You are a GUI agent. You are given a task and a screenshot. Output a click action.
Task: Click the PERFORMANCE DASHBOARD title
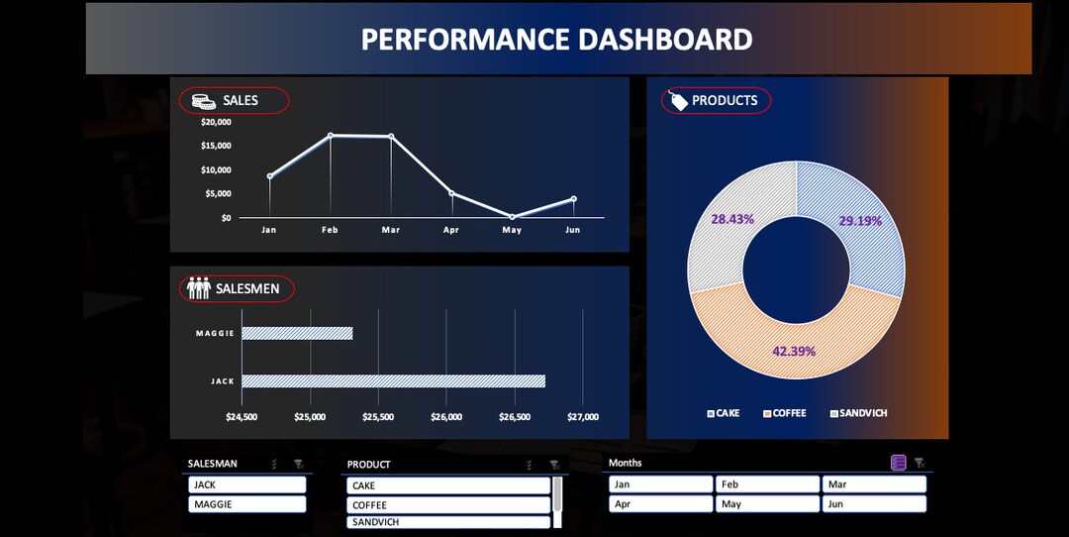click(x=556, y=40)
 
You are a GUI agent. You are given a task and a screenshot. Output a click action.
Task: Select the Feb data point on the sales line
click(x=331, y=135)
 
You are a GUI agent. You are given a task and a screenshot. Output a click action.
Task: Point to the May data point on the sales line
click(x=512, y=216)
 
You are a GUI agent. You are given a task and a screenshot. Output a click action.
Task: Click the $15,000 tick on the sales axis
click(x=216, y=146)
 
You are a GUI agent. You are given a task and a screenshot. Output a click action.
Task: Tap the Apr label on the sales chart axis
click(x=451, y=230)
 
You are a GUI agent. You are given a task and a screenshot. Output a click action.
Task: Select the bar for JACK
click(x=393, y=381)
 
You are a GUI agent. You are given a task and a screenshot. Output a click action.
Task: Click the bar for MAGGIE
click(x=297, y=334)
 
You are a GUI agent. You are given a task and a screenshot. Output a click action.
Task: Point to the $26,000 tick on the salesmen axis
click(x=446, y=417)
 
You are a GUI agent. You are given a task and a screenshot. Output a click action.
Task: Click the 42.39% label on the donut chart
click(x=794, y=351)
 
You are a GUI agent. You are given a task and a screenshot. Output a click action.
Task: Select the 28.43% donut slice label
click(x=732, y=219)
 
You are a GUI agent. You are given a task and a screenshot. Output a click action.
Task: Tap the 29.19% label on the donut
click(x=859, y=221)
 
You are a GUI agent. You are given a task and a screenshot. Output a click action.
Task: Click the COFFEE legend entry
click(x=785, y=413)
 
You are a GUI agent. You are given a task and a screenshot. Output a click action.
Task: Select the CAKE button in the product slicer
click(x=448, y=485)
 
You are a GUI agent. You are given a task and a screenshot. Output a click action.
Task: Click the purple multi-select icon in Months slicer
click(x=899, y=463)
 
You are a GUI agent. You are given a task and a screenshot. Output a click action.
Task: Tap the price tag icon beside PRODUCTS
click(x=679, y=100)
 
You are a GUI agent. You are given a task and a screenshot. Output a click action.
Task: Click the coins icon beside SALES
click(x=204, y=100)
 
